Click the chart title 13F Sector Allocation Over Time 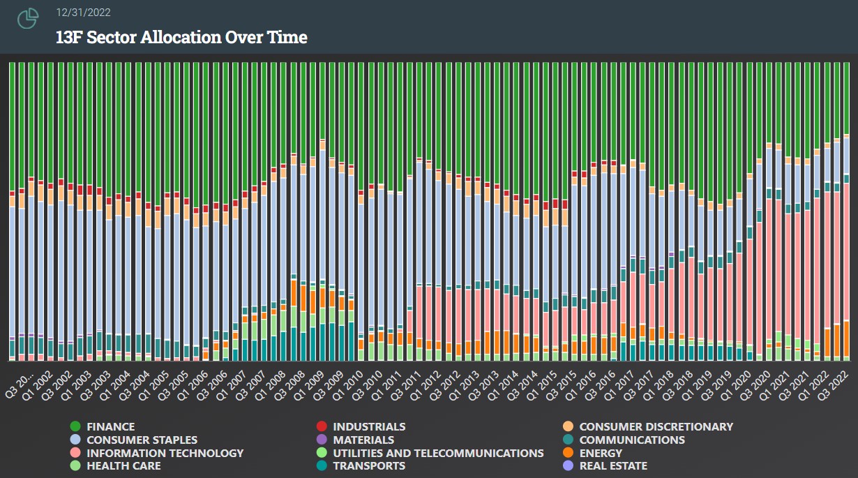coord(181,37)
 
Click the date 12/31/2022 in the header coord(83,13)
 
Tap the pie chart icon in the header coord(28,19)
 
